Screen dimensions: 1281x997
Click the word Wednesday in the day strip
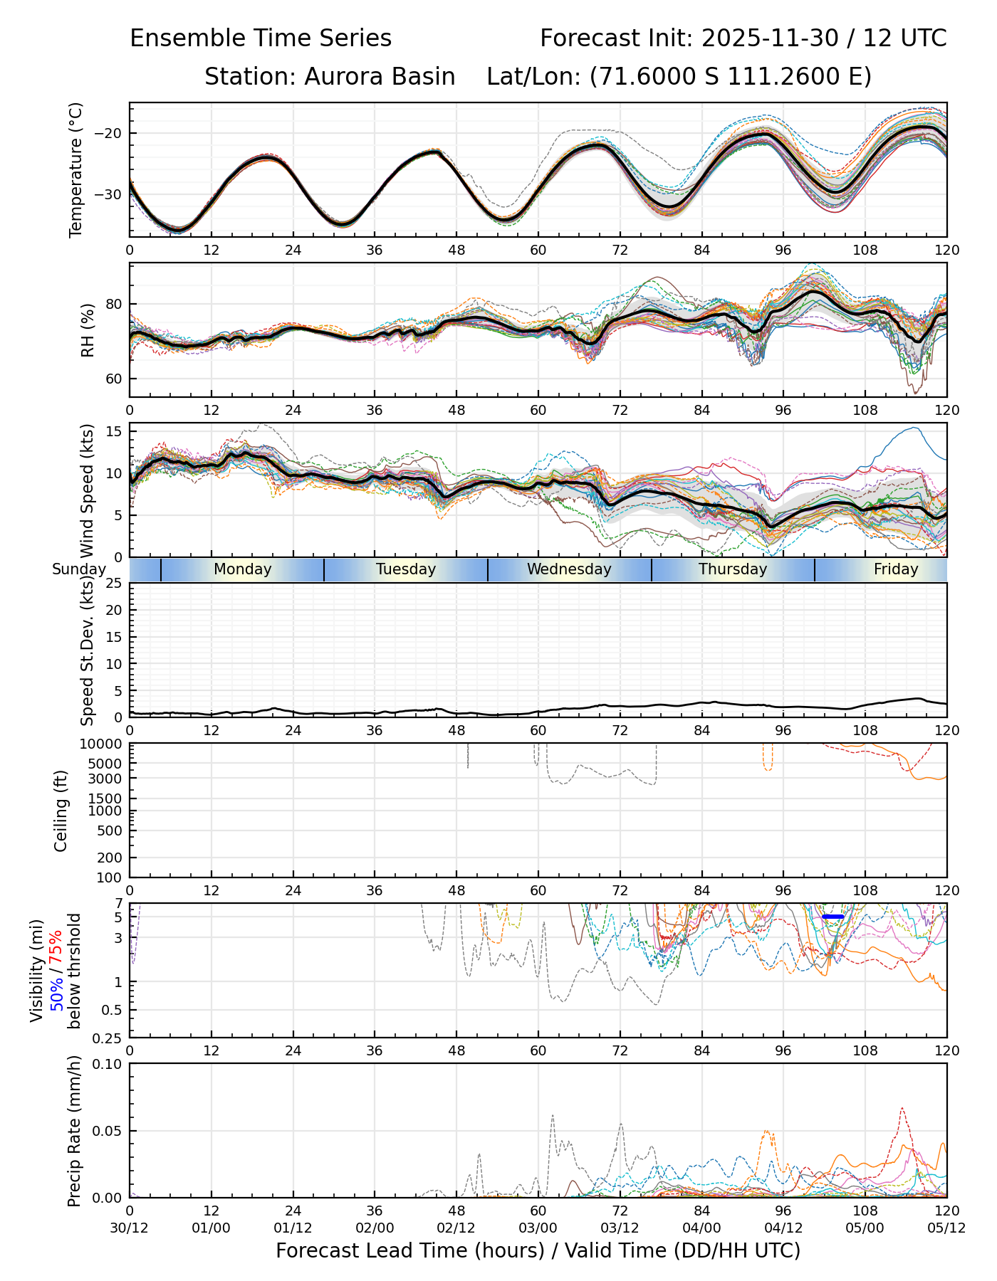coord(569,569)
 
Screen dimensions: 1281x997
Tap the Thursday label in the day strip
coord(733,569)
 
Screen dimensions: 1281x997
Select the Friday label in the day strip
coord(896,569)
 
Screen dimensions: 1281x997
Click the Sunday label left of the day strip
coord(78,569)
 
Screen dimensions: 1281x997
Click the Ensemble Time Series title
coord(261,38)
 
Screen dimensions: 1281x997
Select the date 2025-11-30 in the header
coord(770,38)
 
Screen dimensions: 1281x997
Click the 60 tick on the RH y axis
coord(114,379)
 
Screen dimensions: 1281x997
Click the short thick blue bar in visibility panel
coord(832,917)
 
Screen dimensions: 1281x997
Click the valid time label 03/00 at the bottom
coord(538,1228)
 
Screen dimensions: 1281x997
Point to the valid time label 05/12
coord(946,1228)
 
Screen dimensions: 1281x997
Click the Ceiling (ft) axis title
coord(61,811)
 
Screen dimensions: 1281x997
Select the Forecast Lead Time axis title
coord(538,1250)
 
